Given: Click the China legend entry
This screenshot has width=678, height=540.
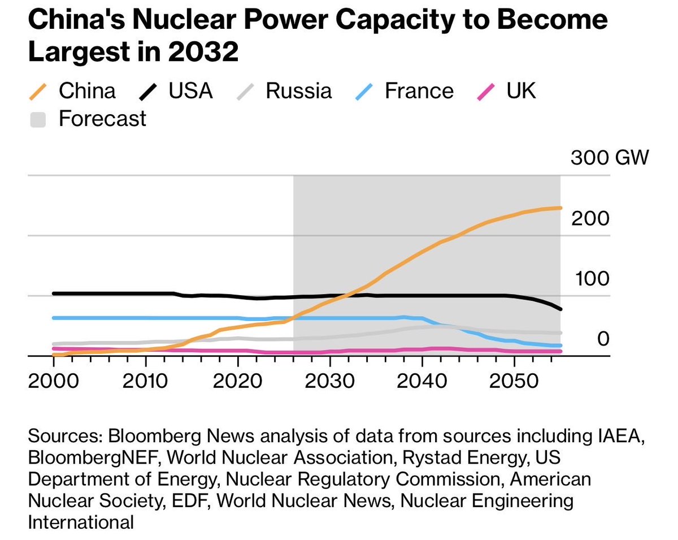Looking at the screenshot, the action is coord(72,91).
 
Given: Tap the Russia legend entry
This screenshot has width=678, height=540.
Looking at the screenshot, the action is coord(284,91).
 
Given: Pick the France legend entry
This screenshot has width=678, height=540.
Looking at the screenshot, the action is coord(405,91).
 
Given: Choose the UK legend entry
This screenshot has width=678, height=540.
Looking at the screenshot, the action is coord(507,91).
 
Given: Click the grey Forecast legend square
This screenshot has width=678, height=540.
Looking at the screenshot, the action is coord(38,119).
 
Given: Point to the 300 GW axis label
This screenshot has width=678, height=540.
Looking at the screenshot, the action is coord(610,157).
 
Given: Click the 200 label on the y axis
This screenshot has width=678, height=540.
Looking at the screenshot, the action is coord(590,218).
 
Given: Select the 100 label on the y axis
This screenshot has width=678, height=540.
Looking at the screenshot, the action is coord(592,279).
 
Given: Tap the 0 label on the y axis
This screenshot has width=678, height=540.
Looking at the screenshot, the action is coord(603,339).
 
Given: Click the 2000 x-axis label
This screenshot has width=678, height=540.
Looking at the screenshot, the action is coord(53,381).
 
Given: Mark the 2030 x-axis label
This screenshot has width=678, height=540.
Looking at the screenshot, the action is coord(330,381).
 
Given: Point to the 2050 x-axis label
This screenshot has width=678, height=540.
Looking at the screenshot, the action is coord(514,381).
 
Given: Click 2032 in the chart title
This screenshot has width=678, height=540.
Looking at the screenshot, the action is coord(203,51).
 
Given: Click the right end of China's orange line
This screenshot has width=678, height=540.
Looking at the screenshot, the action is coord(560,208).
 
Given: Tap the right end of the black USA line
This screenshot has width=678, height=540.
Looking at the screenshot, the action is coord(560,309).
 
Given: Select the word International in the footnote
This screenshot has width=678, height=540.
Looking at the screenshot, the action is coord(81,522).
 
